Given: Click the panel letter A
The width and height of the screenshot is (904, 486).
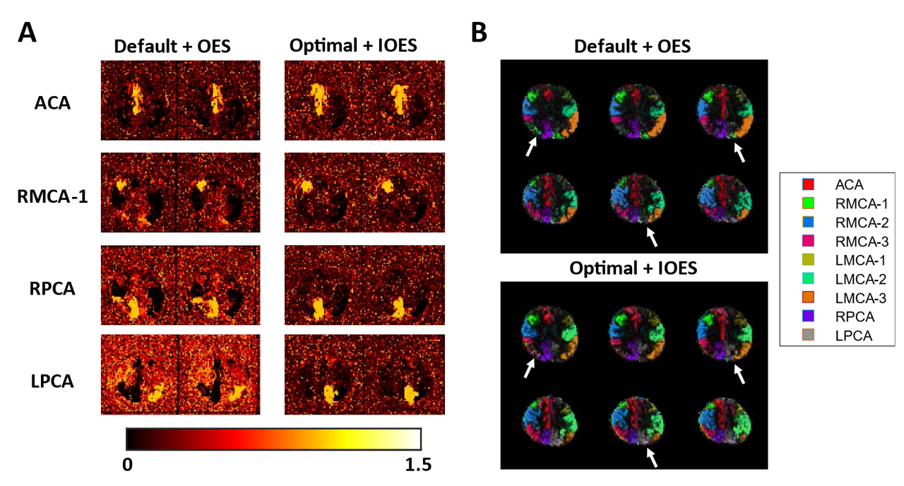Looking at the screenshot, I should (x=29, y=33).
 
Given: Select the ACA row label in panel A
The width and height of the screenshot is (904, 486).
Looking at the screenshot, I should (x=55, y=103).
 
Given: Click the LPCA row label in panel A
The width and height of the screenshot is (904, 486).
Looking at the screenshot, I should (x=55, y=381).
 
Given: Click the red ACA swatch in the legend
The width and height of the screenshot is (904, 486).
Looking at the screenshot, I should (x=808, y=184).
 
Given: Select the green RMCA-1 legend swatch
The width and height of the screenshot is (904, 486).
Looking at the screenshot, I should (x=808, y=203).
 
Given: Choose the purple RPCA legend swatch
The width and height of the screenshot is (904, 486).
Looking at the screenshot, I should (x=808, y=317).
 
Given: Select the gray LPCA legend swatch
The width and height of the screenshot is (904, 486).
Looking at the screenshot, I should (x=808, y=336).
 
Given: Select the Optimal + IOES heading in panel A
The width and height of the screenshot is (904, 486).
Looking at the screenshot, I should (x=353, y=46).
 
